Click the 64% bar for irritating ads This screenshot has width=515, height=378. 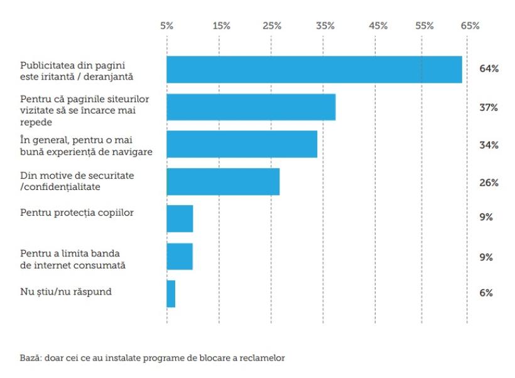coord(314,70)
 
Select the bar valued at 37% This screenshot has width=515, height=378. coord(251,107)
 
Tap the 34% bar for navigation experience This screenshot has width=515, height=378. coord(242,144)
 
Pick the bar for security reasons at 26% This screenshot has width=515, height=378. coord(223,182)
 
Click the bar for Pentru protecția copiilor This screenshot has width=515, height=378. coord(180,219)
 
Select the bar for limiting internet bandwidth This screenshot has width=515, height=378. coord(180,256)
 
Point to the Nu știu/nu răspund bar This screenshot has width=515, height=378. coord(171,293)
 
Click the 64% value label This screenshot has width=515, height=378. coord(489,70)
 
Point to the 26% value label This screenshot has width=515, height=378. coord(489,182)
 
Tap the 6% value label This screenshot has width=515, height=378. coord(486,293)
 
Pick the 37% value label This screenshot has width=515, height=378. coord(489,108)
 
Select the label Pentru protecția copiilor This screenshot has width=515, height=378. coord(77,213)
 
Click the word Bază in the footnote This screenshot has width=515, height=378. coord(31,359)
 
